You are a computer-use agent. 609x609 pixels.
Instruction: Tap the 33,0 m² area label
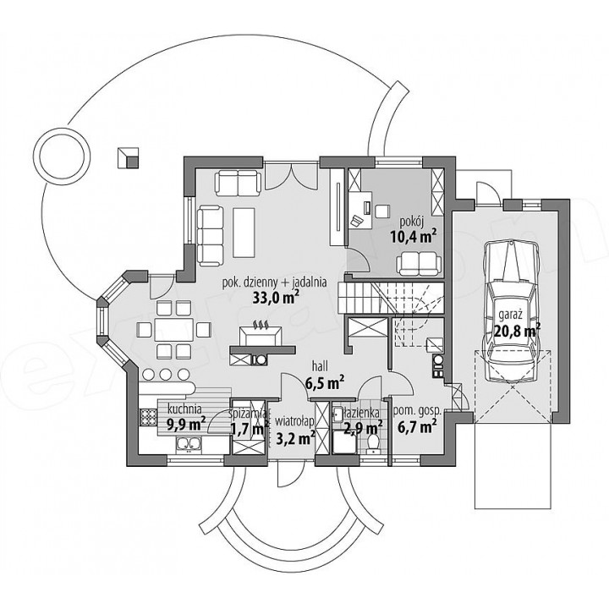276,297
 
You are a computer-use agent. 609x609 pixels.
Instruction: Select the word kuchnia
184,409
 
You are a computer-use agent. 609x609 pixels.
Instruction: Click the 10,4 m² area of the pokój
414,236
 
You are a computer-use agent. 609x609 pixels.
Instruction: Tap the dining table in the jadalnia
173,330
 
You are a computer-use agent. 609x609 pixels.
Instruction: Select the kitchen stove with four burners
147,419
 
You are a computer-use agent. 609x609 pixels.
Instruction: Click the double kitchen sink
189,445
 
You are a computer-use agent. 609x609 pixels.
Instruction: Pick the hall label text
321,365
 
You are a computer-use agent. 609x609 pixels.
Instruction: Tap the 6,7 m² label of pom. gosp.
416,427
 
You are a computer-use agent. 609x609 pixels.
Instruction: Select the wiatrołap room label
294,421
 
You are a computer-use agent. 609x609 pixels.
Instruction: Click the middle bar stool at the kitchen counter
166,374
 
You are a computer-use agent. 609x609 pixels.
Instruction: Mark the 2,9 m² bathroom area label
363,428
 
